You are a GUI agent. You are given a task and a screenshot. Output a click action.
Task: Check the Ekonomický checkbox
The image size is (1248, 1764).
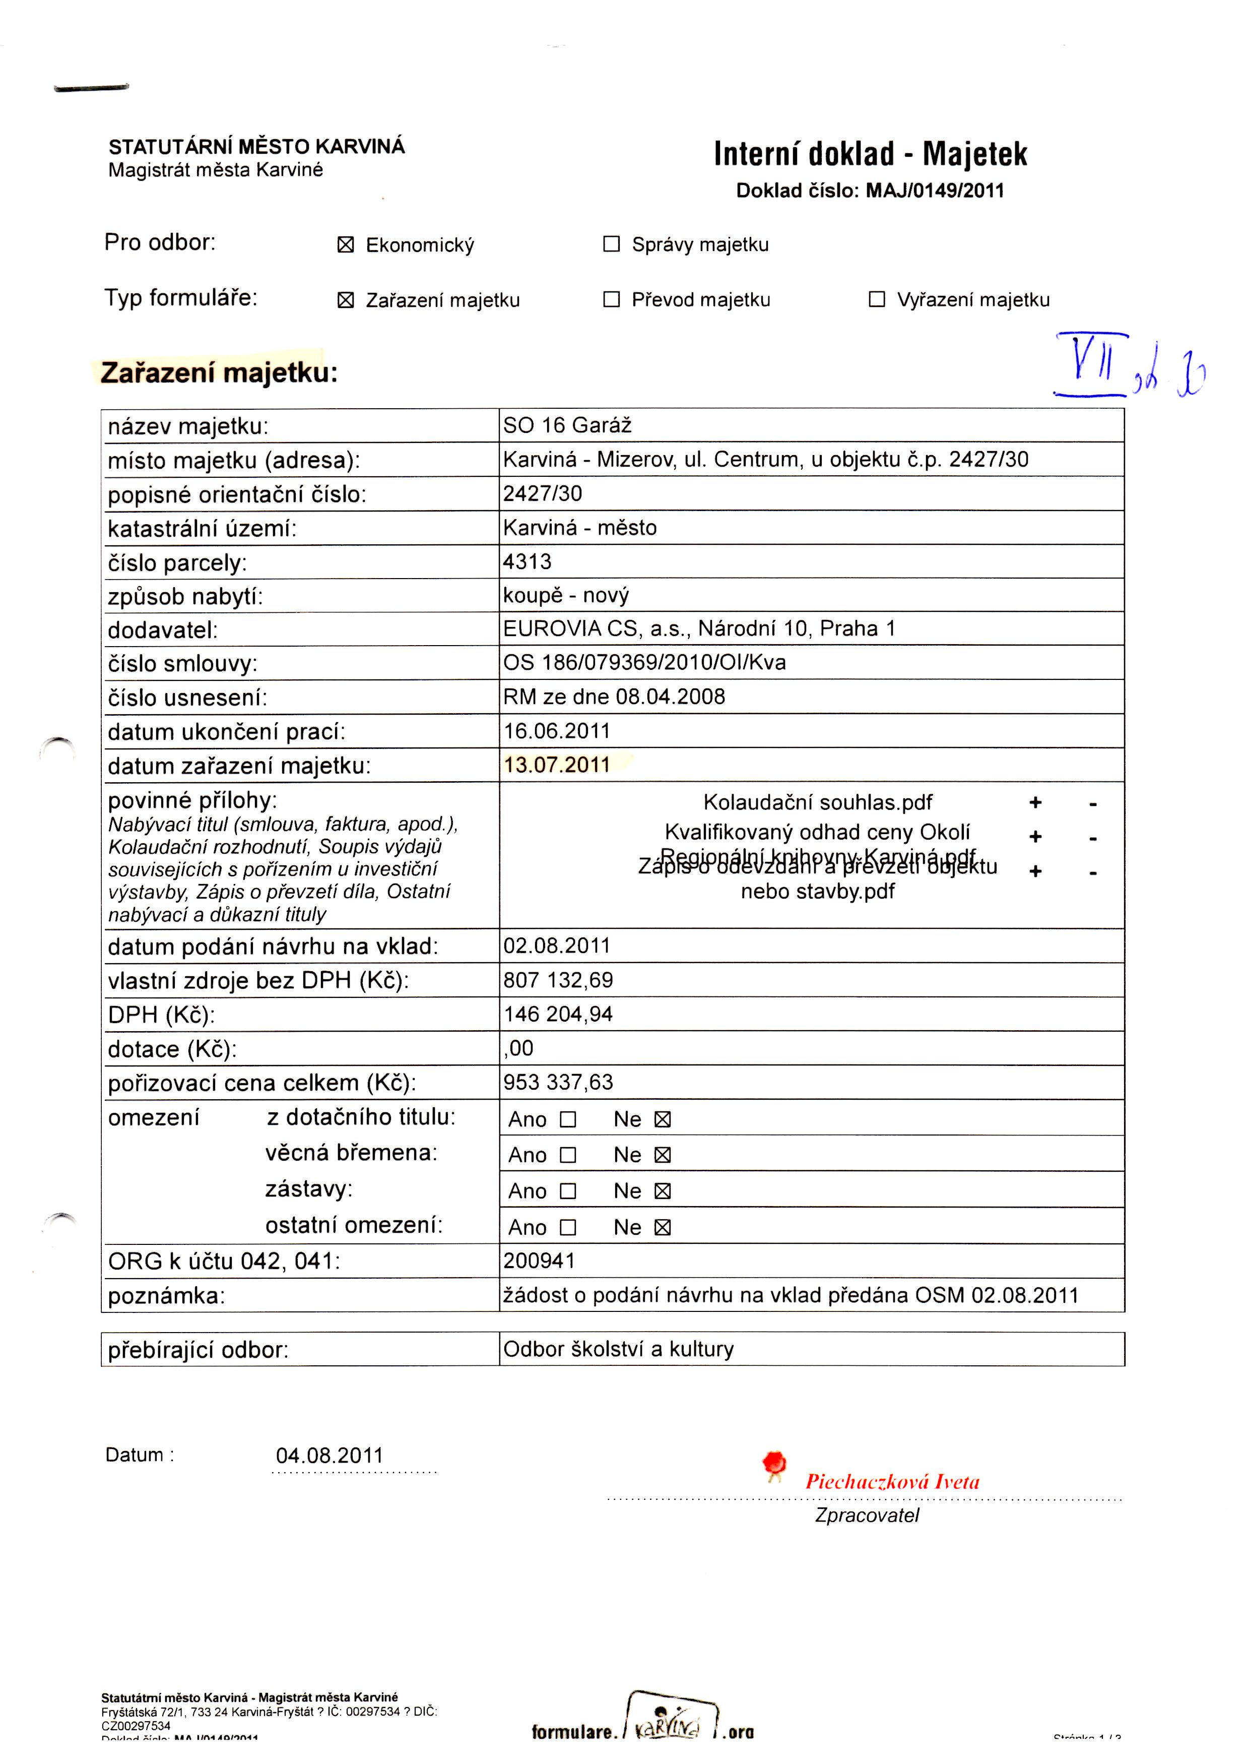click(x=346, y=245)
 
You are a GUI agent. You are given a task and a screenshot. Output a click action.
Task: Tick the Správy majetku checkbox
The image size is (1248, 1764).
click(x=611, y=244)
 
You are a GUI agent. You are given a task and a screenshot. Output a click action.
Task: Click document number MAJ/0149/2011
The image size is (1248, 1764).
click(x=935, y=191)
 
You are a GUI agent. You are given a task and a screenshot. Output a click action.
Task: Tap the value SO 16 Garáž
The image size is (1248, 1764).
click(x=567, y=425)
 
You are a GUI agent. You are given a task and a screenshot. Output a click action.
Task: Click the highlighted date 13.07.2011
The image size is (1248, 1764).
click(x=556, y=765)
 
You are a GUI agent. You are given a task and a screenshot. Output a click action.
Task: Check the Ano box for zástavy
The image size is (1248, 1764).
click(x=568, y=1191)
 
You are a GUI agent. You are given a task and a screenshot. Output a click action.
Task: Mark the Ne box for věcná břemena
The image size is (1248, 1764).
click(x=663, y=1155)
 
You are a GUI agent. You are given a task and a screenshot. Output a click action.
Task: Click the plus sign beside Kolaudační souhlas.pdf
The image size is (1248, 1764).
click(x=1035, y=803)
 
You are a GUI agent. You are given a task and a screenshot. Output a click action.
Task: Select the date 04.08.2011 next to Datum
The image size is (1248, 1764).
click(x=329, y=1455)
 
